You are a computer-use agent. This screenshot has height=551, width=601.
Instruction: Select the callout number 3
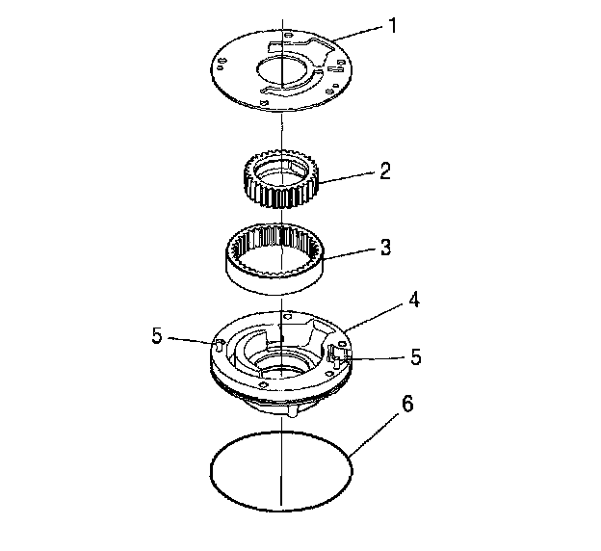384,247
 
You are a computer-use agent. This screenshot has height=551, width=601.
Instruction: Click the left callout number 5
157,336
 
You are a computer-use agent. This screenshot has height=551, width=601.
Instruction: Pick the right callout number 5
415,356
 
